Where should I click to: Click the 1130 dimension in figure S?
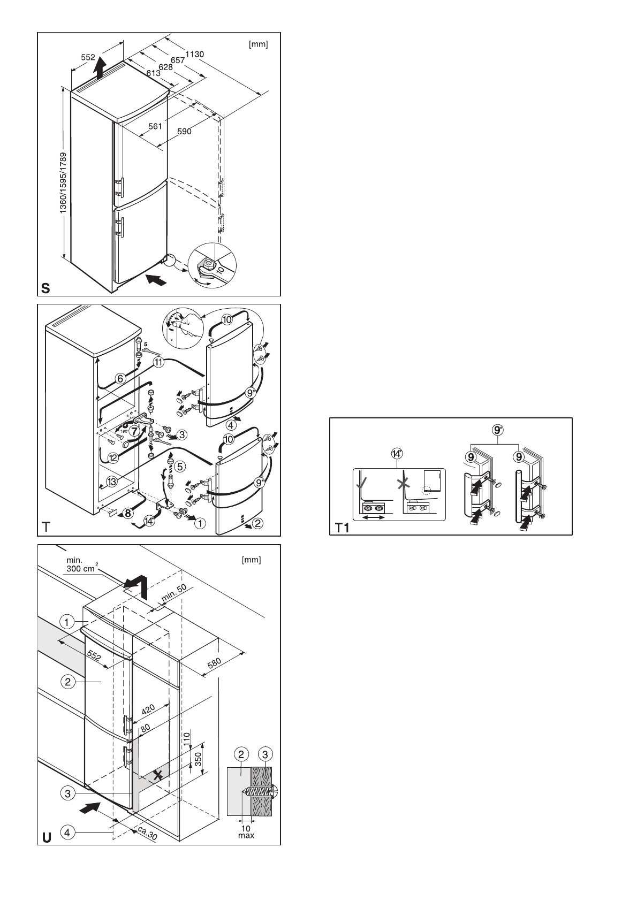[195, 54]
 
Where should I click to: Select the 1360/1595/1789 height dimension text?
[63, 184]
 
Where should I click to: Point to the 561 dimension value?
[155, 126]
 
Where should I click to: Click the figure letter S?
[45, 289]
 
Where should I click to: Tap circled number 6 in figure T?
[120, 378]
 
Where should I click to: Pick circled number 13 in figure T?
[111, 482]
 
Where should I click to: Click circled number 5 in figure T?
[179, 467]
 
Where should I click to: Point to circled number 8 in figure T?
[127, 513]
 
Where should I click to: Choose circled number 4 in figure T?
[231, 426]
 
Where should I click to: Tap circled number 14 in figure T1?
[397, 454]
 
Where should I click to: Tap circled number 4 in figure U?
[67, 832]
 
